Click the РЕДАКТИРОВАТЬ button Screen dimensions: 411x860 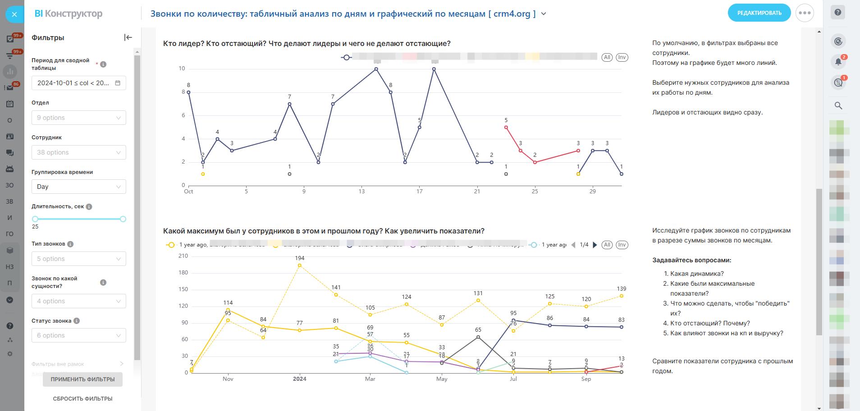point(759,13)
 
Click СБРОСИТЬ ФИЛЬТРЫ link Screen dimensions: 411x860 point(82,399)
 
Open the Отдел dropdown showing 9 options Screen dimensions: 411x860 point(79,118)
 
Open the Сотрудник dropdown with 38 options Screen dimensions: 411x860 point(79,152)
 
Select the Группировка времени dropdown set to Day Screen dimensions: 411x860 point(79,187)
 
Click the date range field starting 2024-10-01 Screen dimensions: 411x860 point(79,83)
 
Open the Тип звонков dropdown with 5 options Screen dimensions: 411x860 point(79,259)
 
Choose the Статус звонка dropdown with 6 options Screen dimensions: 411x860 point(79,335)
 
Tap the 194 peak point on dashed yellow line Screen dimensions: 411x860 point(300,266)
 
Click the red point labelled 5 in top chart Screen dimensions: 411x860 point(506,128)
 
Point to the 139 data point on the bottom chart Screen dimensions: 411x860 point(622,296)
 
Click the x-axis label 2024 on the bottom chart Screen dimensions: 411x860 point(300,379)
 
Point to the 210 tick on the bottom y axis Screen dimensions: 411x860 point(183,256)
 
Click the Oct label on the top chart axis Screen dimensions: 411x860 point(188,192)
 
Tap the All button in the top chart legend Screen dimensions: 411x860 point(607,57)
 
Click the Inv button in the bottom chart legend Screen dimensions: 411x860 point(622,245)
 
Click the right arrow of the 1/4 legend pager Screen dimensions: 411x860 point(595,245)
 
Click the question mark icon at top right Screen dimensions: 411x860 point(838,13)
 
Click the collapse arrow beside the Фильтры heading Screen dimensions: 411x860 point(128,37)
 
